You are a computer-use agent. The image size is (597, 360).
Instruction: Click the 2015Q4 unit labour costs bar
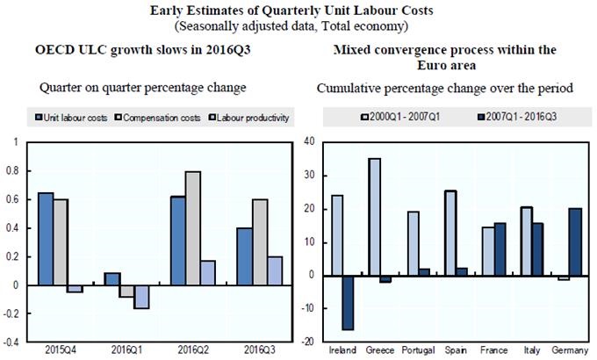46,238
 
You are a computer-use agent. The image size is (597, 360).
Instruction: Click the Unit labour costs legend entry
74,117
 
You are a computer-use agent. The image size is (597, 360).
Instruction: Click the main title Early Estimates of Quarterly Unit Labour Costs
298,10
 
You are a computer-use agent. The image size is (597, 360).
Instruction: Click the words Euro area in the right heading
444,65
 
